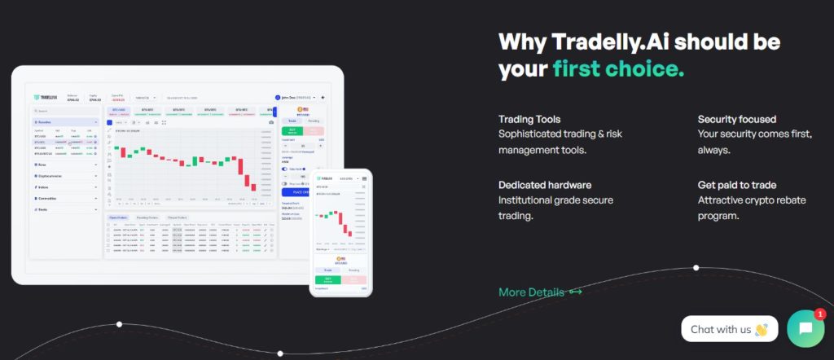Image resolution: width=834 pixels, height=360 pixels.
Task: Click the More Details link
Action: tap(530, 292)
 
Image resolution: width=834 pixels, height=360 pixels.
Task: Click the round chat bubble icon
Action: tap(805, 329)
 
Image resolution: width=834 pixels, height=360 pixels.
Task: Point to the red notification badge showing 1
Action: tap(819, 314)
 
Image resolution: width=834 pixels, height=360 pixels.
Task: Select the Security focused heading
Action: tap(737, 119)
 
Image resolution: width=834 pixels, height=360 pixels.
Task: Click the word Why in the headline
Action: tap(521, 41)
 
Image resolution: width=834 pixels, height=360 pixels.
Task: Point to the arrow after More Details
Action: tap(575, 292)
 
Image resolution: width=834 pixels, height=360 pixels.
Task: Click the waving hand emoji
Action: tap(762, 330)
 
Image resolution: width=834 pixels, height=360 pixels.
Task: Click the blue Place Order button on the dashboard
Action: tap(294, 192)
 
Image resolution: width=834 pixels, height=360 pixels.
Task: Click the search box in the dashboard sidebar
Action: tap(65, 111)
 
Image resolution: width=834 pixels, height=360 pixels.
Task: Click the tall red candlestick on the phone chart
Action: tap(344, 229)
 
